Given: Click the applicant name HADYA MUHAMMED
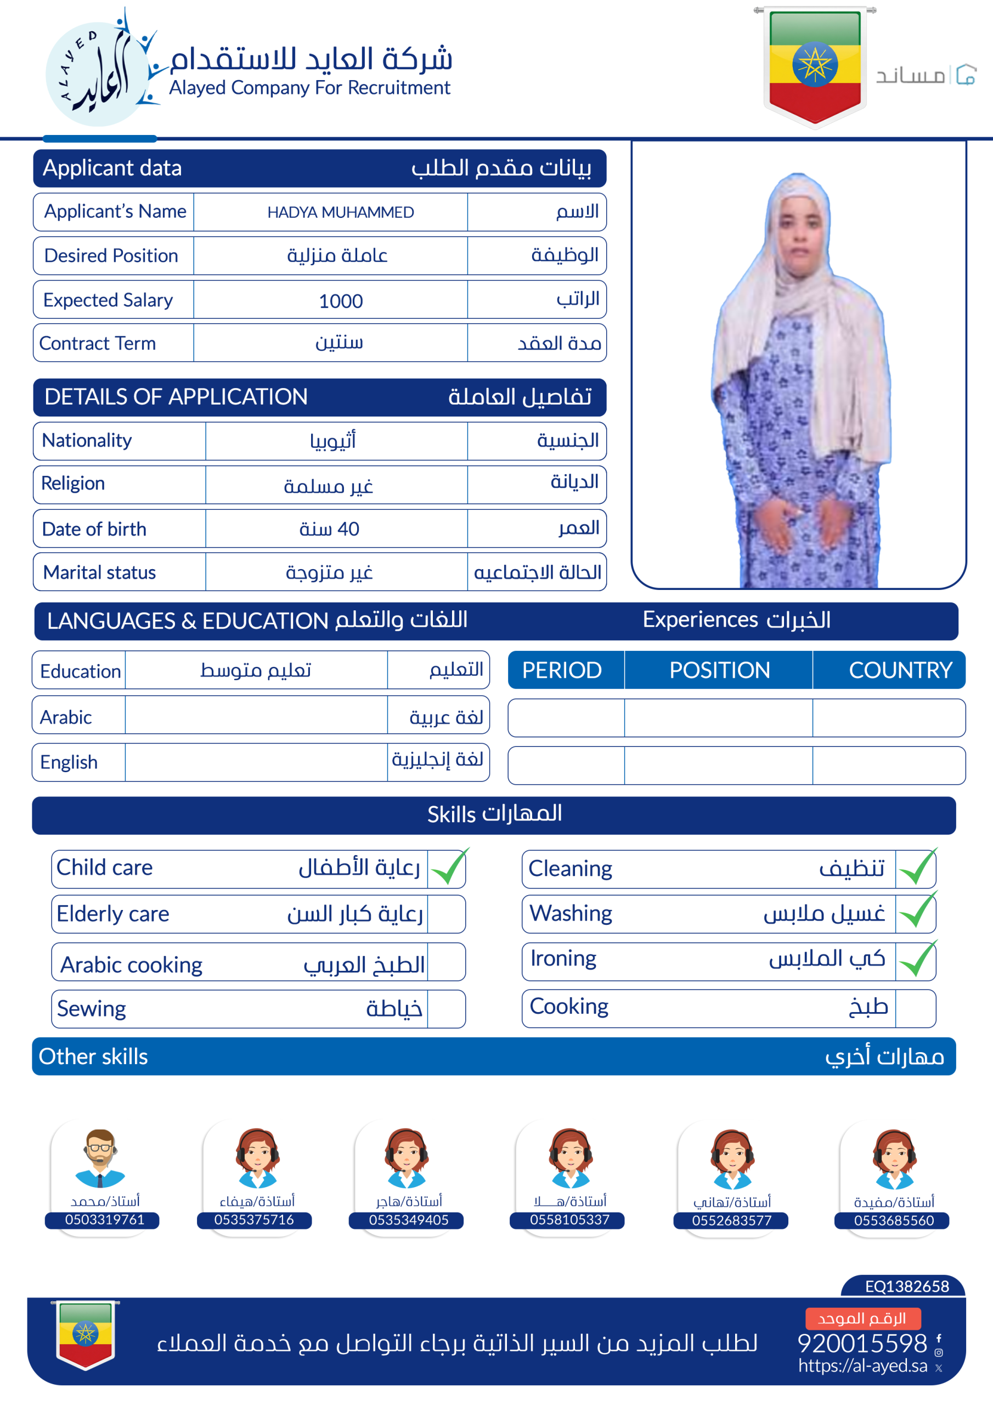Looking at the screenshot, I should point(340,212).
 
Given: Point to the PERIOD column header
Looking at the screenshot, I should point(562,670).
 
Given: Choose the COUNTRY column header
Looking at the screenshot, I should point(900,670).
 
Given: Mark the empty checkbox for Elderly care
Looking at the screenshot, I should point(446,914).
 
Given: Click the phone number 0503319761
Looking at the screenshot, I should point(105,1219).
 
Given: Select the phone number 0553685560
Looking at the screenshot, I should point(894,1221).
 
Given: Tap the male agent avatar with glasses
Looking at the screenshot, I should point(100,1158).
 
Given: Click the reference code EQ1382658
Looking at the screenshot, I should point(907,1286).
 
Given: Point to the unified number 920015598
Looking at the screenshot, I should point(862,1343).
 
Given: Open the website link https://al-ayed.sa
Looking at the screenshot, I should point(862,1366).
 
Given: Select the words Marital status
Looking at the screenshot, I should point(99,572).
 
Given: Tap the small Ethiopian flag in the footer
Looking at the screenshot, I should point(86,1334).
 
